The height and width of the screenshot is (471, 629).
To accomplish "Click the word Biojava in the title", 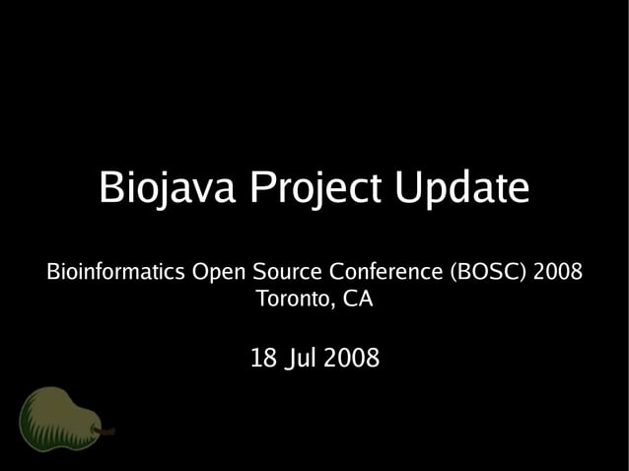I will click(169, 187).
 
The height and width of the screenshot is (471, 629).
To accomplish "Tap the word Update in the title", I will click(461, 189).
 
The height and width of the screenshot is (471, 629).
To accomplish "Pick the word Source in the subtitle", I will click(289, 271).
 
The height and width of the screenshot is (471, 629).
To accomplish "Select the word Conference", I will click(386, 271).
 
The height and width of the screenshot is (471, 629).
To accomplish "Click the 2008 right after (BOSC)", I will click(557, 271).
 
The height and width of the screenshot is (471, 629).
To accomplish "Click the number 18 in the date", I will click(262, 359).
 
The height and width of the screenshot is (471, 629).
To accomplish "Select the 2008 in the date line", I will click(351, 359).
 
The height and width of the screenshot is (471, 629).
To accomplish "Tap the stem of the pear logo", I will click(106, 431).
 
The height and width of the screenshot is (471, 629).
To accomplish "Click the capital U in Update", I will click(407, 187).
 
